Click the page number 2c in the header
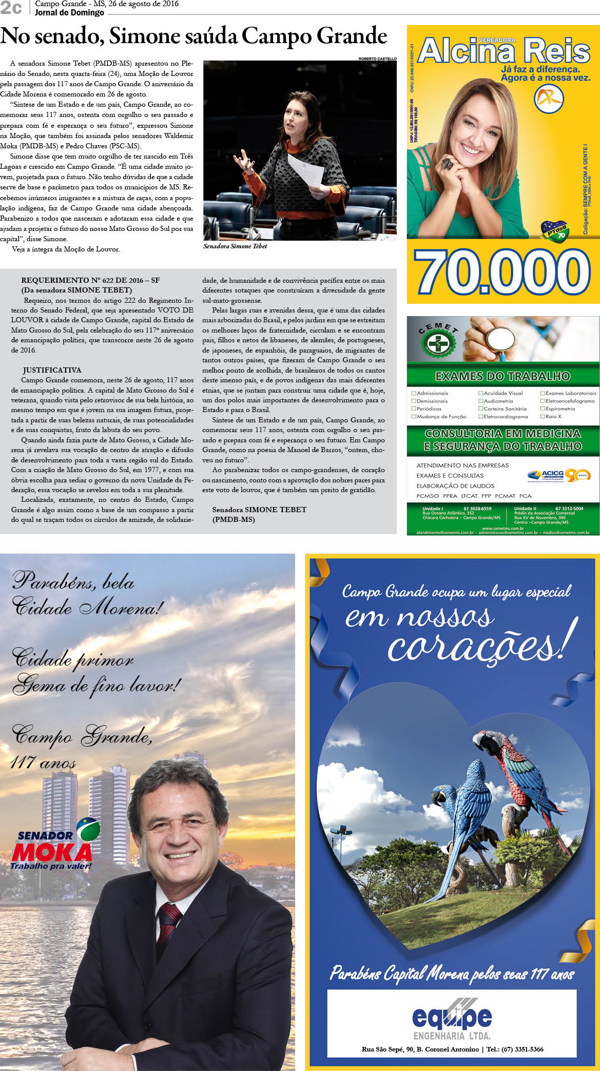point(11,8)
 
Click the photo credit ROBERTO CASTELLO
point(377,59)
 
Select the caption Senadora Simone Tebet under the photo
point(235,246)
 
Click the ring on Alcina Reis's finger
point(447,163)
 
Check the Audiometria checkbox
point(481,401)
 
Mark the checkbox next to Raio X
point(543,417)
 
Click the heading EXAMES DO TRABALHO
point(502,377)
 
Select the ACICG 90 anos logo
point(558,475)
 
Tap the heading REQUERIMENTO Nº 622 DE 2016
point(90,280)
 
